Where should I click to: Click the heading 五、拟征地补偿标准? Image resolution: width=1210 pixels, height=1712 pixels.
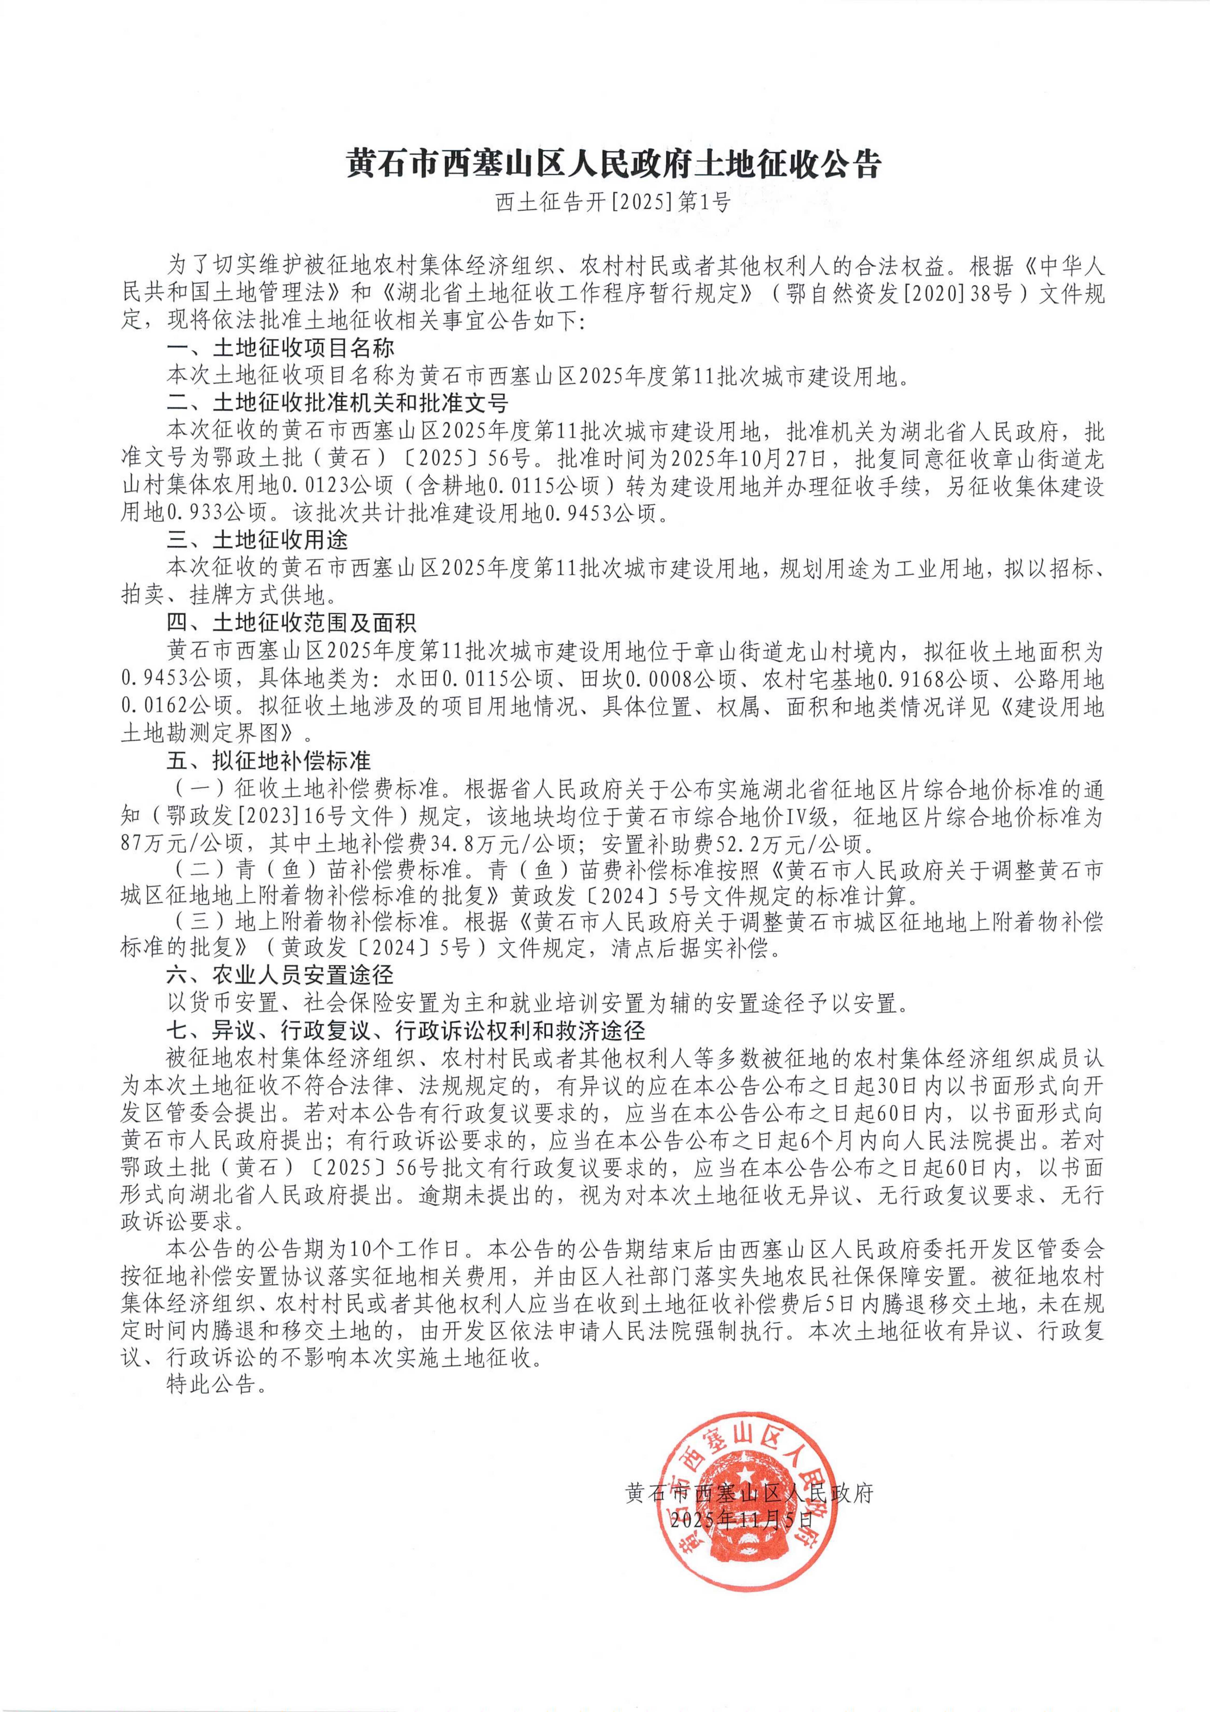tap(268, 760)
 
